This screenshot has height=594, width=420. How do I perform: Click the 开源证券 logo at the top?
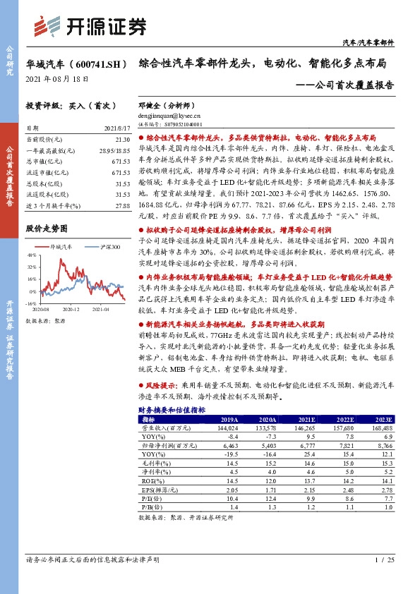tap(92, 26)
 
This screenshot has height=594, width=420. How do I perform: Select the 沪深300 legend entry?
tap(106, 246)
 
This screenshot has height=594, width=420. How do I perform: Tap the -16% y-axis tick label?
tap(31, 303)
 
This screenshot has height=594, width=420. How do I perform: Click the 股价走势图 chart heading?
tap(46, 229)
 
